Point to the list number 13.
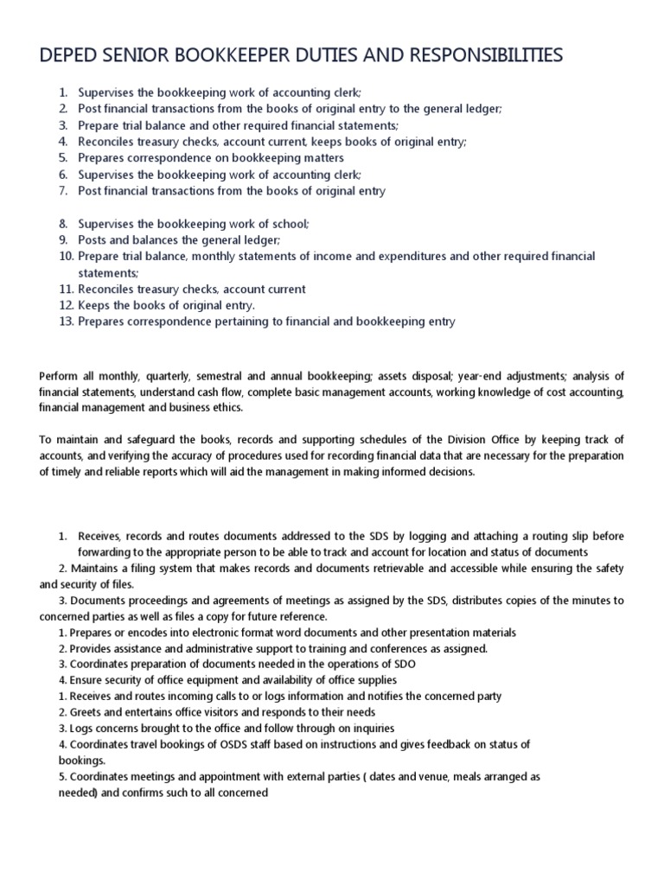67,322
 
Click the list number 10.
67,257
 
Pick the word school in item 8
290,223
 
